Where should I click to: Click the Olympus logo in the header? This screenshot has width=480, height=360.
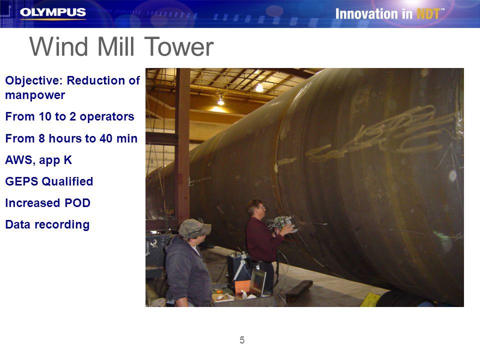pos(52,12)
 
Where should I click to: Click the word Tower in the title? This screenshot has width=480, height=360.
pos(179,47)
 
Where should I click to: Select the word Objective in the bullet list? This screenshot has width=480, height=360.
pos(33,80)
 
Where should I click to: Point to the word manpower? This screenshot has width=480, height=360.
pos(35,95)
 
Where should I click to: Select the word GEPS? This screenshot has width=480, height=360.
pos(21,181)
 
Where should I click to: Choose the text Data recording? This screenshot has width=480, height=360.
pos(47,224)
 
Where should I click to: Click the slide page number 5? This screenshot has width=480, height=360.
pos(242,340)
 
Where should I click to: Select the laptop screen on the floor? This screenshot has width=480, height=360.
pos(258,282)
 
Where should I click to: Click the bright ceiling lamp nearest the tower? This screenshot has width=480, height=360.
pos(259,88)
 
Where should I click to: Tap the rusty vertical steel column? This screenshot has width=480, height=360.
pos(183,144)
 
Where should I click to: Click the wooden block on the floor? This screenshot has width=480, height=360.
pos(299,291)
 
